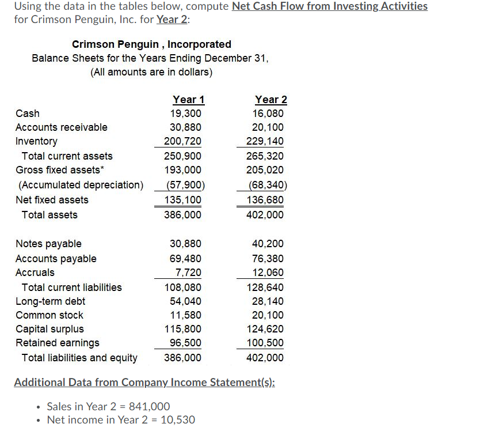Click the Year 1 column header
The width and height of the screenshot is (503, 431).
[188, 100]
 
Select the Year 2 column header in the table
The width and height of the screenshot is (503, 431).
[271, 100]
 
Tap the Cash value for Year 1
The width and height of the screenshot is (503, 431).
[186, 114]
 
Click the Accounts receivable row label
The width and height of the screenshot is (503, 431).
[61, 127]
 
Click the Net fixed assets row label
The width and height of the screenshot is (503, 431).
[52, 200]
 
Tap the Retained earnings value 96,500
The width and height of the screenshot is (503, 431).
[186, 343]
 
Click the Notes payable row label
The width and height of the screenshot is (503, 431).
[48, 244]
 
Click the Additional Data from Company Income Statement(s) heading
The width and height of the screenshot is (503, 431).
[144, 383]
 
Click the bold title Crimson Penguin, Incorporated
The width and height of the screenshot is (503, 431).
[151, 44]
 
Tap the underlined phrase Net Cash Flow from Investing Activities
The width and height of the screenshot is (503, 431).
[329, 6]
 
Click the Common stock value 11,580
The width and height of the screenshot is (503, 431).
[186, 315]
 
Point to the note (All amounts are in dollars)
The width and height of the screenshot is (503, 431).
[151, 72]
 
